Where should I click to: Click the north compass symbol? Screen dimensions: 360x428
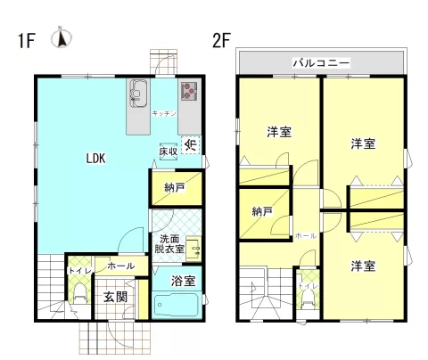[x=62, y=38]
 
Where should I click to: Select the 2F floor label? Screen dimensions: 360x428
[x=222, y=40]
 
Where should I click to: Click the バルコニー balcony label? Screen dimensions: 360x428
[x=321, y=63]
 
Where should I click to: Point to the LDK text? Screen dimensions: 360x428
[x=95, y=159]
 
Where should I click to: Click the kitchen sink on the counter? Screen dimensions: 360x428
[x=139, y=92]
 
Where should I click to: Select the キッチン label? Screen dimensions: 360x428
[x=163, y=114]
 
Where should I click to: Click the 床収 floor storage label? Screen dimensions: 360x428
[x=169, y=151]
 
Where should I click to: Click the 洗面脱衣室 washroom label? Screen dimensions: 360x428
[x=171, y=244]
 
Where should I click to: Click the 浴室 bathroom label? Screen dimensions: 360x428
[x=184, y=280]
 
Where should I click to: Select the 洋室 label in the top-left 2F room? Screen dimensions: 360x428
[x=279, y=132]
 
